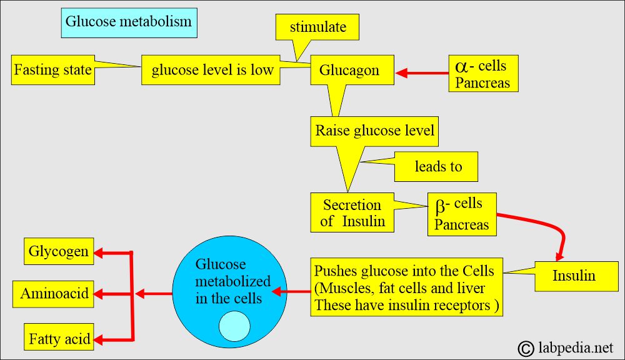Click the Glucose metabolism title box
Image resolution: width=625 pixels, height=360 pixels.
129,23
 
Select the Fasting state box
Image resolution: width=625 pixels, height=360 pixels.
53,69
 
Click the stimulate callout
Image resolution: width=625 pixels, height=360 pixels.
317,28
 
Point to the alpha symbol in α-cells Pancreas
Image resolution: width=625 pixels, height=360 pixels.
461,66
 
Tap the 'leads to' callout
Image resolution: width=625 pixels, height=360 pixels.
437,167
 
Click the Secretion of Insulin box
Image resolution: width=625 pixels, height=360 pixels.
352,212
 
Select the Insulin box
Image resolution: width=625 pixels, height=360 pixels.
574,276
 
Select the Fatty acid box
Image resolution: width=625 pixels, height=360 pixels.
59,339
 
